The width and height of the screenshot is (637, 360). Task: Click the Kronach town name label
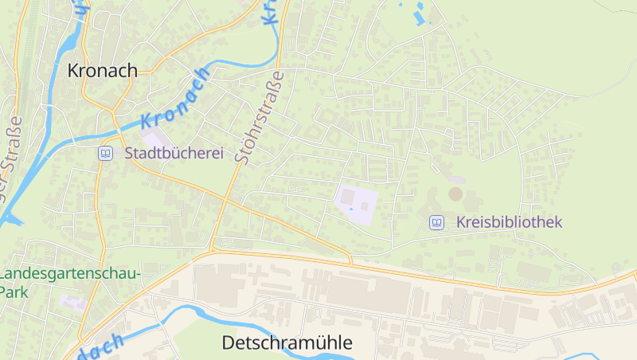102,70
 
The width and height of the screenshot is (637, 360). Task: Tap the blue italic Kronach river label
177,99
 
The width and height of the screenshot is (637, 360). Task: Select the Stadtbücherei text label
174,153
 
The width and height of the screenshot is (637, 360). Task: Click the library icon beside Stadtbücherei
105,153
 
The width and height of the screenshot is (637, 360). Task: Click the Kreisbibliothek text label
510,222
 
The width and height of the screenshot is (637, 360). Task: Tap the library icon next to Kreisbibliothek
436,222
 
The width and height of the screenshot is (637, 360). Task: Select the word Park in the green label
14,292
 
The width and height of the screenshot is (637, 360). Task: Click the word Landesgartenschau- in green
70,274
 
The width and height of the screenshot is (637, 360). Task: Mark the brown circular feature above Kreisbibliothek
455,194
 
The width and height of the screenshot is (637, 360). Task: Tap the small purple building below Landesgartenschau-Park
72,303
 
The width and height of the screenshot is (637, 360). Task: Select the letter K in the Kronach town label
73,70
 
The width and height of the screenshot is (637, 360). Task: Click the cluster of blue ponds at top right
416,12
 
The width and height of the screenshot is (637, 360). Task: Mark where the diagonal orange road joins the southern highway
350,263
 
